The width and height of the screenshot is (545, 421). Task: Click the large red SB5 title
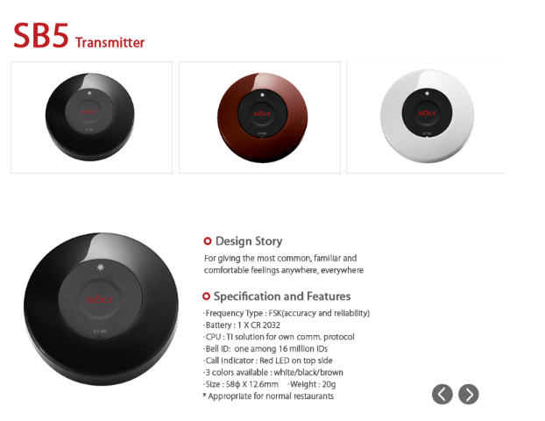[41, 35]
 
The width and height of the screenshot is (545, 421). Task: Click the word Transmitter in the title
[110, 42]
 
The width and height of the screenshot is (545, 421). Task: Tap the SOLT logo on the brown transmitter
[262, 114]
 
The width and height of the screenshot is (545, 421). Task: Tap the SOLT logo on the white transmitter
[427, 113]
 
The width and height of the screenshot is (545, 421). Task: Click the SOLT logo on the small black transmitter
[89, 111]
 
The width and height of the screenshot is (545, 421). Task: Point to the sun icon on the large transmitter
[101, 268]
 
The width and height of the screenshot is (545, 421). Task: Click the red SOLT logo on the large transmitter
[100, 300]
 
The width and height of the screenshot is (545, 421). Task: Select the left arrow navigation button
[442, 394]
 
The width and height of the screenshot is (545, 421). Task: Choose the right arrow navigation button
[469, 394]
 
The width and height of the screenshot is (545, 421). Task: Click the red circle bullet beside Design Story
[207, 241]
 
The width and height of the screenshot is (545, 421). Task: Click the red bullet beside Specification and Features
[206, 296]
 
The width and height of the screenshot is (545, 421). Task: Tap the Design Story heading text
[249, 241]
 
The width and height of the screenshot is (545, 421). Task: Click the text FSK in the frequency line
[275, 313]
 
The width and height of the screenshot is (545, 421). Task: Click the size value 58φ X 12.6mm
[252, 384]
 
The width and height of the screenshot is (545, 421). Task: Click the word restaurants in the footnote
[314, 396]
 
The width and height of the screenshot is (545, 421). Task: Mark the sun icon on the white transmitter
[428, 93]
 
